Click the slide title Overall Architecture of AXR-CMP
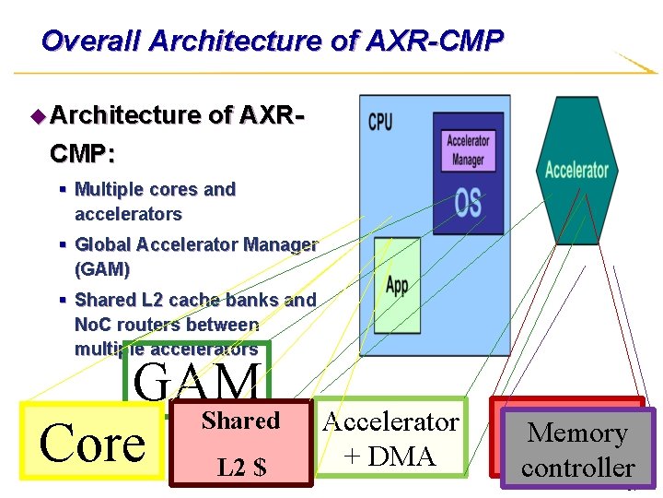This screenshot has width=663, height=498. point(272,41)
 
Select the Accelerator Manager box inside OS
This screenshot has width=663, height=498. point(468,149)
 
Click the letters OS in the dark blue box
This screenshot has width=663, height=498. point(468,203)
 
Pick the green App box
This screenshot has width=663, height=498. point(397,285)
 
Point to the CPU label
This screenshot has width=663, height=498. point(380,121)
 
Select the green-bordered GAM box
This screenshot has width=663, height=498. point(197,378)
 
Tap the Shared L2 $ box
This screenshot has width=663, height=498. point(241,444)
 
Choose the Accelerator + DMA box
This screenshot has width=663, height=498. point(390,439)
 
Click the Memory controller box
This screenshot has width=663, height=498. point(577,449)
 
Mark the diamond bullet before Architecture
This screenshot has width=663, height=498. point(38,115)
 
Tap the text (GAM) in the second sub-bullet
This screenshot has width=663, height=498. point(102,269)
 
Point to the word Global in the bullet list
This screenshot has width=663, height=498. point(103,244)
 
